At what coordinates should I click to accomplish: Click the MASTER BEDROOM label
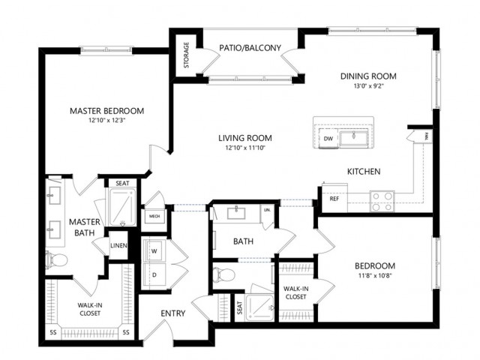click(x=106, y=111)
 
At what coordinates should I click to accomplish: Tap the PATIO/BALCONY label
click(x=250, y=49)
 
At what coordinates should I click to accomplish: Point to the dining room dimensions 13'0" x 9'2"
click(x=367, y=86)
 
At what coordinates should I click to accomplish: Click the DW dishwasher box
click(x=328, y=139)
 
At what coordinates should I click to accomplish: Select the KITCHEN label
click(x=364, y=172)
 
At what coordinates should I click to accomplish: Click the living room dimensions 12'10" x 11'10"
click(x=244, y=148)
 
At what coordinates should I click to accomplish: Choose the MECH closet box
click(x=154, y=217)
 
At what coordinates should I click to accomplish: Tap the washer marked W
click(x=154, y=250)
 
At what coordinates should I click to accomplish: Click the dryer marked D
click(x=154, y=274)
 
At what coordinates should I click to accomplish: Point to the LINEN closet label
click(x=119, y=246)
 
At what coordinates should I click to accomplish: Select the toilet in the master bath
click(x=57, y=261)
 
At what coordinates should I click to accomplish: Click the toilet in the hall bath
click(x=223, y=274)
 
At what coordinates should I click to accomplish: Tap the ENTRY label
click(x=172, y=314)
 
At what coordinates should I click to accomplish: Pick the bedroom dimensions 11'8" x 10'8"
click(x=375, y=277)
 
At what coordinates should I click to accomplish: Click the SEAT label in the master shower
click(x=121, y=182)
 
